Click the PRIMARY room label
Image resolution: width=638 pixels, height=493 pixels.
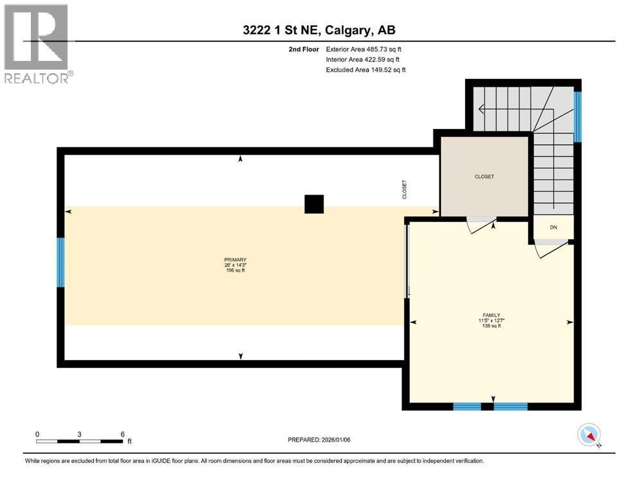235,260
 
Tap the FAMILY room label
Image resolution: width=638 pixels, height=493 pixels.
491,315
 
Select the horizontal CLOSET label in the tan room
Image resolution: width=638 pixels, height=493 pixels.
484,177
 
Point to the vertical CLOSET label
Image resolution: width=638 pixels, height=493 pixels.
404,189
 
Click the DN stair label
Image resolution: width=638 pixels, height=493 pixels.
553,227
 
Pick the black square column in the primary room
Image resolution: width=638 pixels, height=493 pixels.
314,204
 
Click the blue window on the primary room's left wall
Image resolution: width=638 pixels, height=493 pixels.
60,262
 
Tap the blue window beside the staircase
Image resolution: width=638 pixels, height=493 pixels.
578,117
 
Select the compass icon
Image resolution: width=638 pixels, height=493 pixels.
589,435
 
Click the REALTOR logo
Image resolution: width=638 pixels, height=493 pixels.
38,44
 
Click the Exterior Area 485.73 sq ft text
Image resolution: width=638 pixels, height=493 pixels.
364,49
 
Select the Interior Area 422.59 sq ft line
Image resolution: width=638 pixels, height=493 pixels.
362,59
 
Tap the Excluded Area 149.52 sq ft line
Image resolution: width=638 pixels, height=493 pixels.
366,69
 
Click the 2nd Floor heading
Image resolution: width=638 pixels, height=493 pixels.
303,49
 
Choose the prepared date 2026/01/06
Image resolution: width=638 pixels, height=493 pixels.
319,440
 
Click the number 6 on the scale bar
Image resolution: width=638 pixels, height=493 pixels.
123,434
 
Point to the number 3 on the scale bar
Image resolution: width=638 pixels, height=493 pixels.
79,434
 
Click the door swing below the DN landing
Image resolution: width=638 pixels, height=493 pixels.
551,248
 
